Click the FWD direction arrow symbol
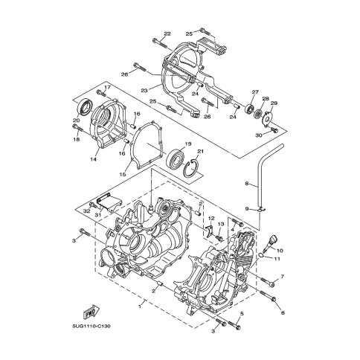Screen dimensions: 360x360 click(x=91, y=312)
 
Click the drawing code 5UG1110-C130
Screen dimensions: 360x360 click(x=91, y=327)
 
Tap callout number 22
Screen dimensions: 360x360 click(x=167, y=34)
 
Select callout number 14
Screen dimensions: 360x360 click(x=93, y=159)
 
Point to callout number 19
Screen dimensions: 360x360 click(x=188, y=144)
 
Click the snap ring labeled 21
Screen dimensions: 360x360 click(x=190, y=169)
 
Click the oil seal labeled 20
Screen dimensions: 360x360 click(x=85, y=107)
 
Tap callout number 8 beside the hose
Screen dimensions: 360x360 click(x=246, y=184)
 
